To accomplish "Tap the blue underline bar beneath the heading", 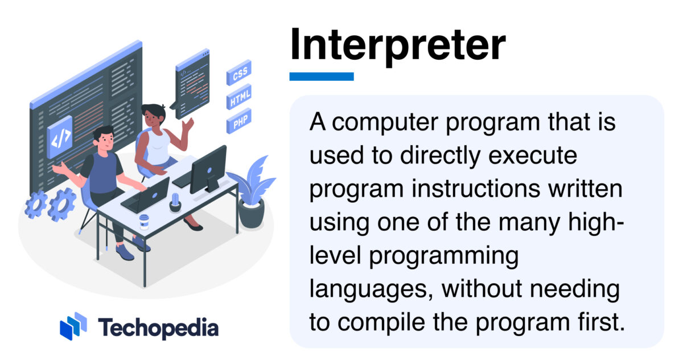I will [321, 76].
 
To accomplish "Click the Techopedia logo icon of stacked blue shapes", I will [73, 326].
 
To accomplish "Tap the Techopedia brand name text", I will [158, 328].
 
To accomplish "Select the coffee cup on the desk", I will [144, 222].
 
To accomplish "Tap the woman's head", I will [153, 116].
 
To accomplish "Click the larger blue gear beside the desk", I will [61, 205].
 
